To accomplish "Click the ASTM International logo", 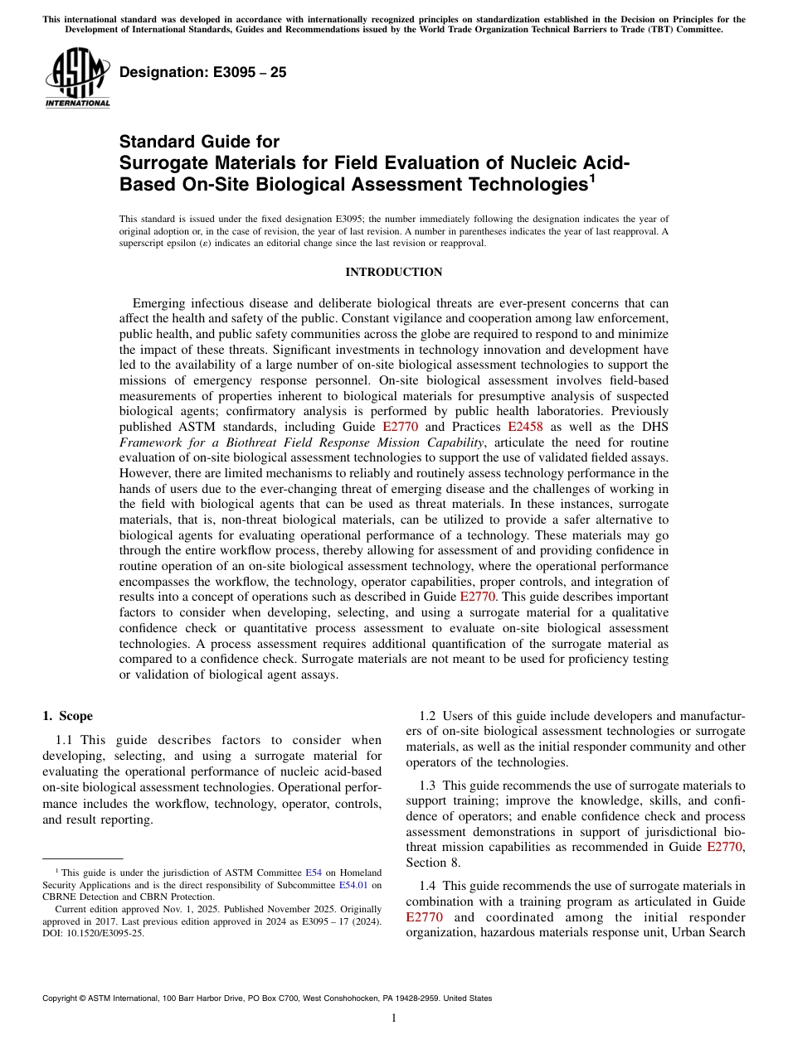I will pyautogui.click(x=77, y=77).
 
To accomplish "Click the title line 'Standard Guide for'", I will pyautogui.click(x=199, y=142).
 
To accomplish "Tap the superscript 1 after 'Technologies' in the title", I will pyautogui.click(x=591, y=177).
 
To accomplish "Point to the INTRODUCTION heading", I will pyautogui.click(x=393, y=273).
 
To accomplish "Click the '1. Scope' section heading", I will pyautogui.click(x=67, y=716).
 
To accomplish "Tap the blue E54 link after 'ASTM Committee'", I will pyautogui.click(x=314, y=873).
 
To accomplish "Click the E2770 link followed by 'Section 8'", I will pyautogui.click(x=725, y=847).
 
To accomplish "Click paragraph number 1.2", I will pyautogui.click(x=428, y=716).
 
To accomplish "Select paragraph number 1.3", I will pyautogui.click(x=428, y=785).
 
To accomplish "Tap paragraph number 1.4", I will pyautogui.click(x=428, y=886).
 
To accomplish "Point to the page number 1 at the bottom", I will pyautogui.click(x=394, y=1018).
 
